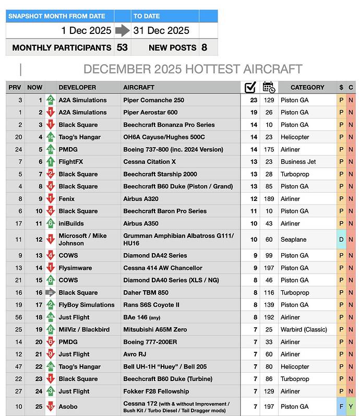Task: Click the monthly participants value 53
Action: pyautogui.click(x=122, y=47)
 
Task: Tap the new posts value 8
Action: pyautogui.click(x=204, y=47)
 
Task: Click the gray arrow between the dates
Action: pyautogui.click(x=122, y=31)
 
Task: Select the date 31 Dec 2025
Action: pyautogui.click(x=161, y=31)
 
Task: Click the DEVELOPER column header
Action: pyautogui.click(x=77, y=88)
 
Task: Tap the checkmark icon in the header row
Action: pyautogui.click(x=250, y=87)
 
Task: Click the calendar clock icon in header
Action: pyautogui.click(x=268, y=87)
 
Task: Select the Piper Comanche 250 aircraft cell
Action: pyautogui.click(x=153, y=100)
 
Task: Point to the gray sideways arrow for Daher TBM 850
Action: pyautogui.click(x=51, y=293)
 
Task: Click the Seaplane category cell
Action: pyautogui.click(x=293, y=240)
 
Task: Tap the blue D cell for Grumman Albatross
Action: pyautogui.click(x=341, y=240)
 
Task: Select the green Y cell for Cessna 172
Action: pyautogui.click(x=351, y=407)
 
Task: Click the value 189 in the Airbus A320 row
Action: pyautogui.click(x=269, y=199)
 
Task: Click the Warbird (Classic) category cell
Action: pyautogui.click(x=303, y=330)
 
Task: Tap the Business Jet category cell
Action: pyautogui.click(x=298, y=162)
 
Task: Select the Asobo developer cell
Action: pyautogui.click(x=68, y=407)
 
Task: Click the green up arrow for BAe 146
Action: pyautogui.click(x=51, y=317)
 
